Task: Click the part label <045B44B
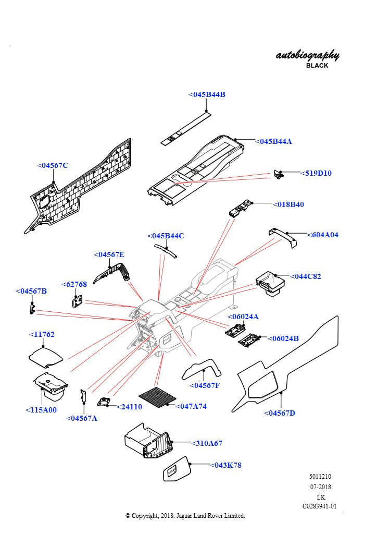click(207, 94)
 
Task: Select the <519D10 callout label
click(316, 173)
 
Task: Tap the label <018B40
click(288, 204)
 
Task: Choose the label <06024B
click(283, 338)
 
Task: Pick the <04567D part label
click(280, 413)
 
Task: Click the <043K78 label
click(225, 465)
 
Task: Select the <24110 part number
click(129, 407)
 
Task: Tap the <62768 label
click(74, 284)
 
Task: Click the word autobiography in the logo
click(307, 55)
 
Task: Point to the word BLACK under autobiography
click(317, 66)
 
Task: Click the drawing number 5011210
click(320, 477)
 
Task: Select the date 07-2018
click(320, 487)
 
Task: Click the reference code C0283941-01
click(320, 506)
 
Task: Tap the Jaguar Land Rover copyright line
click(185, 515)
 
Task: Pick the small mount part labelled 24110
click(104, 402)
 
